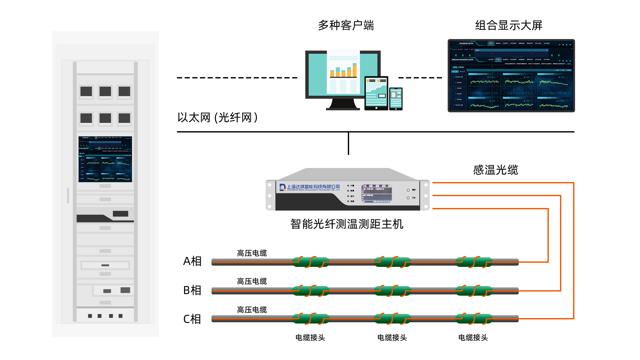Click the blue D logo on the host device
(283, 188)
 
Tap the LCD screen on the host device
(377, 194)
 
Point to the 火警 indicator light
(348, 186)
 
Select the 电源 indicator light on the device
(348, 201)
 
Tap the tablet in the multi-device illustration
(376, 92)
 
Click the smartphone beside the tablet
(396, 99)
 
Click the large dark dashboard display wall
(511, 76)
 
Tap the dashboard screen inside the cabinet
(105, 159)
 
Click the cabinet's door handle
(68, 195)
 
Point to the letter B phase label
(187, 290)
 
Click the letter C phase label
(187, 319)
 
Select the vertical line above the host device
(348, 143)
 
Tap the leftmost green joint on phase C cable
(310, 319)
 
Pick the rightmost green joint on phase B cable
(474, 291)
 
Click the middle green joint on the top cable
(392, 262)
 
